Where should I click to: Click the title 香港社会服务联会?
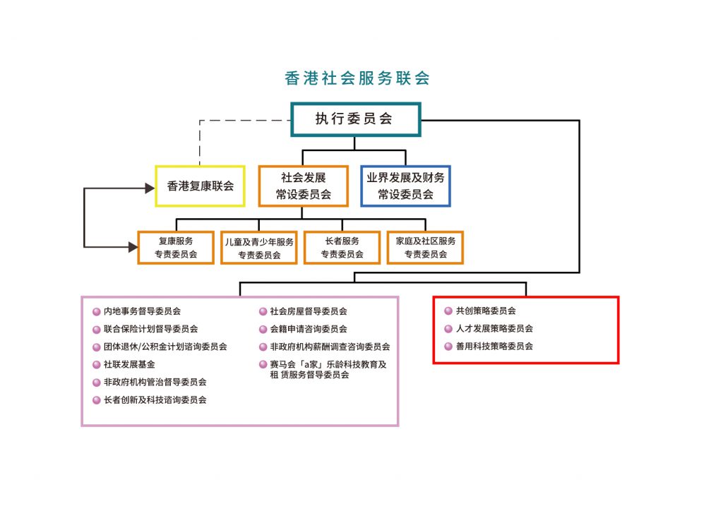tap(357, 78)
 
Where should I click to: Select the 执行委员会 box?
tap(355, 119)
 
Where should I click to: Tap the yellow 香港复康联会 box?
tap(200, 186)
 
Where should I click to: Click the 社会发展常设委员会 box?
tap(303, 186)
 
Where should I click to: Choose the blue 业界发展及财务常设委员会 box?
tap(405, 186)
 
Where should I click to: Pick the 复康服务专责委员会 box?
tap(176, 248)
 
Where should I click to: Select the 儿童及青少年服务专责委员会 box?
tap(259, 248)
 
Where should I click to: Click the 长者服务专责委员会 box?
tap(342, 248)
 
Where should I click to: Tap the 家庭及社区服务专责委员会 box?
tap(425, 248)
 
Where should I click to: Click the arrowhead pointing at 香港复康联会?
tap(149, 188)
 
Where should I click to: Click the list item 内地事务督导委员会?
tap(142, 311)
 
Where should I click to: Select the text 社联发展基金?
tap(129, 364)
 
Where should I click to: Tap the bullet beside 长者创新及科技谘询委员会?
tap(97, 400)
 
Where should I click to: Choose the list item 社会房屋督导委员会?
tap(309, 311)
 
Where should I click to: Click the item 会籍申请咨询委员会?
tap(309, 329)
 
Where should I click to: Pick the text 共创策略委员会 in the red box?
tap(486, 311)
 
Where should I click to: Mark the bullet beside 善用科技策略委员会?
tap(448, 347)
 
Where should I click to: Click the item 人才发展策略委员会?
tap(494, 329)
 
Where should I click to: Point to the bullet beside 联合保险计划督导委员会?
tap(97, 329)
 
